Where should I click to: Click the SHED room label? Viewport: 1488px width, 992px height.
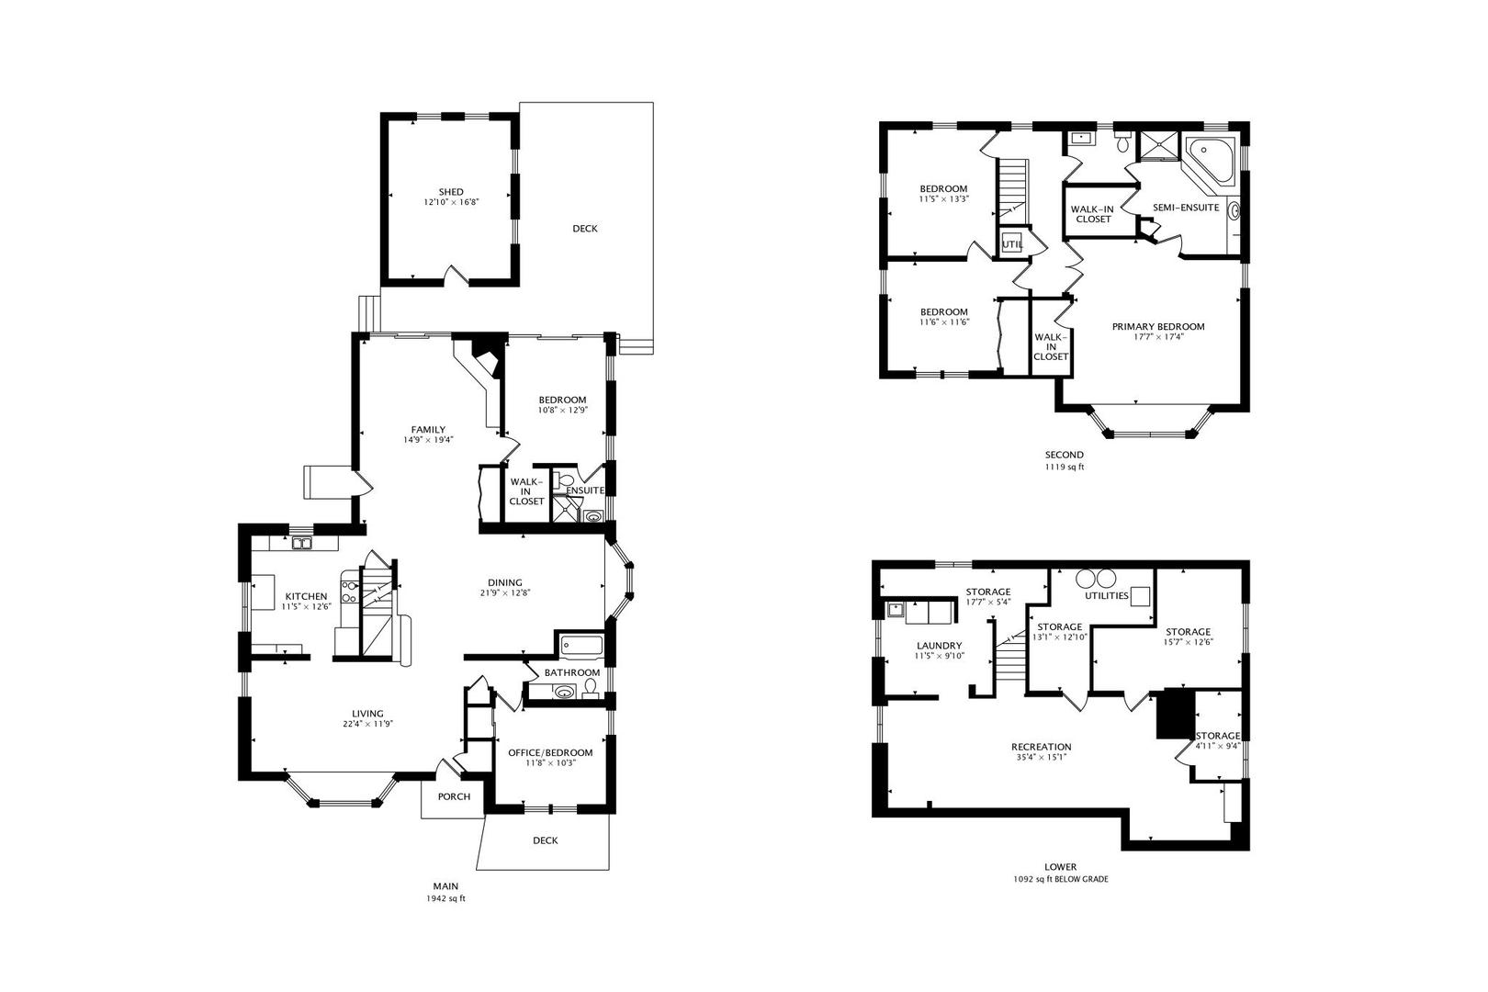[x=451, y=192]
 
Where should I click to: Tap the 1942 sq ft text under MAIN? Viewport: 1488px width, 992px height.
[x=445, y=898]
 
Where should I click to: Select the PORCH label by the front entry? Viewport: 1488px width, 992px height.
[x=455, y=796]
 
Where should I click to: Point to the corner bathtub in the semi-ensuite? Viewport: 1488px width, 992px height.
[x=1211, y=160]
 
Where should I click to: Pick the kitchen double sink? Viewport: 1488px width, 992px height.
[x=302, y=544]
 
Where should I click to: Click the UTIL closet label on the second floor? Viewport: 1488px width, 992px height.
[x=1012, y=244]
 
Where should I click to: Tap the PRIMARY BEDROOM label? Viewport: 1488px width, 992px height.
[x=1158, y=326]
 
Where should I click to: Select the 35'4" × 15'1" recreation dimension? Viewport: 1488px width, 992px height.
[x=1042, y=757]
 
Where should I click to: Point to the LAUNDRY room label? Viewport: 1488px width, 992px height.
[x=940, y=645]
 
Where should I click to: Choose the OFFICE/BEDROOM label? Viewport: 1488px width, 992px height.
[x=550, y=753]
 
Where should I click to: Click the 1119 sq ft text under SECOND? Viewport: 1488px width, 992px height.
[x=1065, y=468]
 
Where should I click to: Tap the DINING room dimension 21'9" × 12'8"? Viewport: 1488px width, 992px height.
[x=505, y=592]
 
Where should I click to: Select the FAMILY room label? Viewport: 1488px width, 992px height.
[x=428, y=429]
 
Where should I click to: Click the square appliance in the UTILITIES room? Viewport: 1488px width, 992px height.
[x=1141, y=596]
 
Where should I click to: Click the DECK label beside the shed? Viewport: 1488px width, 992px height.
[x=585, y=229]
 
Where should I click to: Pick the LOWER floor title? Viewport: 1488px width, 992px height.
[x=1060, y=866]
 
